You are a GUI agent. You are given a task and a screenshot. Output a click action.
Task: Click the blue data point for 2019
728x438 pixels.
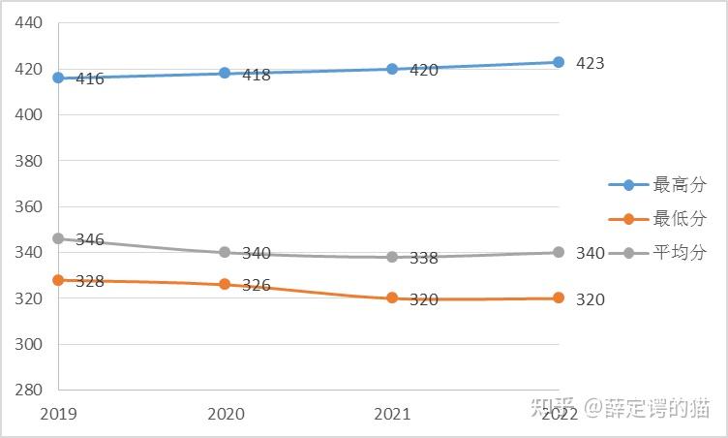(58, 78)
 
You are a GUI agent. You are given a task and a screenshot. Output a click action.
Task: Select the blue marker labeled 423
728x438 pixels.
(559, 62)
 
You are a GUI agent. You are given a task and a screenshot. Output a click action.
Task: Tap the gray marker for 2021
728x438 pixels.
(392, 257)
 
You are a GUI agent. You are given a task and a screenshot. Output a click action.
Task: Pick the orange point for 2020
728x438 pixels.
(225, 284)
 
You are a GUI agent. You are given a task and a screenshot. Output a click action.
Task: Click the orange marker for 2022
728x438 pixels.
(559, 297)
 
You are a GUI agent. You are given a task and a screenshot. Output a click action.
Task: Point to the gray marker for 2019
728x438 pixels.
(58, 238)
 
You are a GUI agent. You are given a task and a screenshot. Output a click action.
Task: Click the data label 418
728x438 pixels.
(257, 75)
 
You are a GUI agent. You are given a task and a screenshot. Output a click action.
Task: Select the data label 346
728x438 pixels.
(90, 240)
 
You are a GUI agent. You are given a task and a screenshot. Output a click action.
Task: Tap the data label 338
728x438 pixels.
(423, 258)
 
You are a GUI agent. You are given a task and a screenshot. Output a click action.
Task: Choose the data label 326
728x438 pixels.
(257, 285)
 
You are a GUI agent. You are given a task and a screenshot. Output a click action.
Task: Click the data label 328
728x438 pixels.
(90, 281)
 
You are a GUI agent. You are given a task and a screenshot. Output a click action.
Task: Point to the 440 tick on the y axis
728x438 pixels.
(28, 22)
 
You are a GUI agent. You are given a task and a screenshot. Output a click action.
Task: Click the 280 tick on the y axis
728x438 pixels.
(28, 390)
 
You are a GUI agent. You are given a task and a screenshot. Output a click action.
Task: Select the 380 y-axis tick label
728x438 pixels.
(28, 161)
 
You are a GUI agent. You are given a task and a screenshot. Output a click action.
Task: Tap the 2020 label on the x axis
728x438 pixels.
(226, 414)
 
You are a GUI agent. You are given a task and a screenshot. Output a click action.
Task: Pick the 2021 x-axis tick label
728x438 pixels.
(392, 414)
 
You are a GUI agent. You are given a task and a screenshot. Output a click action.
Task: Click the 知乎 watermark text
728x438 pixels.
(554, 407)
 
